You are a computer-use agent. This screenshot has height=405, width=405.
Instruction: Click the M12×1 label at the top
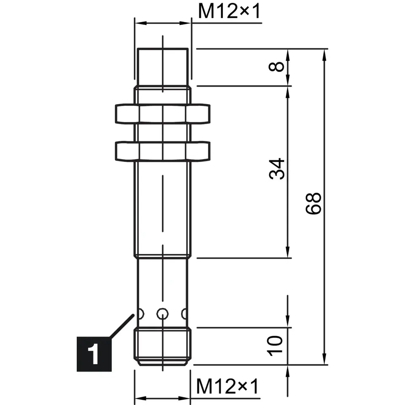coord(229,11)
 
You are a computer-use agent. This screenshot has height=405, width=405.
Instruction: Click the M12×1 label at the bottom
coord(227,386)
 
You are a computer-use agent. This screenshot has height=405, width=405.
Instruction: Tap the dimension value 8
coord(276,67)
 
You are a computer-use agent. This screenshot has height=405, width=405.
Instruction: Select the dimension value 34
coord(276,169)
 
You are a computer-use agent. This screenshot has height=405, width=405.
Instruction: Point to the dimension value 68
coord(313,203)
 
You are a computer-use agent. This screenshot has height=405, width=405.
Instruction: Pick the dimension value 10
coord(275,346)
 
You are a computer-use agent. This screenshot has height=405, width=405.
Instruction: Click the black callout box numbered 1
coord(94,354)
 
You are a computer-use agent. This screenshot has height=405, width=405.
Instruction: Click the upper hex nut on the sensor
coord(162,113)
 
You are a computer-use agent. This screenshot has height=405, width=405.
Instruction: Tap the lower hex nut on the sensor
coord(162,151)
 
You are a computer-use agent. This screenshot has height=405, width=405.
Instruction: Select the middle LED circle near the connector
coord(162,314)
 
